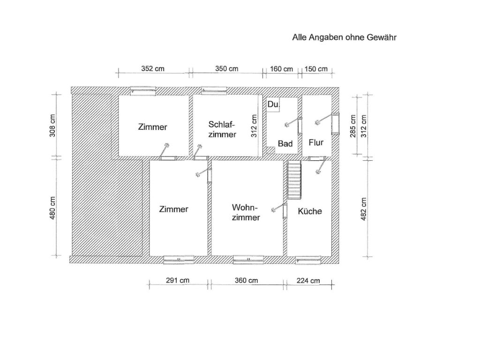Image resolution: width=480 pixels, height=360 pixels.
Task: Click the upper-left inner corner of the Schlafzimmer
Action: point(193,95)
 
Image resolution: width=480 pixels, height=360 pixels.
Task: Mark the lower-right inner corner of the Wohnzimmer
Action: point(283,255)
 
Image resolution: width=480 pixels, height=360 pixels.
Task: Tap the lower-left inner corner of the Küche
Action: point(287,255)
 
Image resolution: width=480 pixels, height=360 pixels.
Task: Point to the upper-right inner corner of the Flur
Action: point(331,95)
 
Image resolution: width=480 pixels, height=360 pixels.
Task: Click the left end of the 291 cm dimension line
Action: point(150,285)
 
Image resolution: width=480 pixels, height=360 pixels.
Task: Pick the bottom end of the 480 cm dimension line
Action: point(56,255)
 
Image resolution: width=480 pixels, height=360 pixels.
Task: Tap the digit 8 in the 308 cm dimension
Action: point(52,117)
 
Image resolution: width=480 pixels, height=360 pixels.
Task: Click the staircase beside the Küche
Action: point(294,180)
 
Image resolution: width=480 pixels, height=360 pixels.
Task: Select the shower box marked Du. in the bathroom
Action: point(273,105)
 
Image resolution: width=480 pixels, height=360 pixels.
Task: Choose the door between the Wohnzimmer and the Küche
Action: point(285,211)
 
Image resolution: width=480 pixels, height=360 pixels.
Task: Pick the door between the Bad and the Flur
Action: point(300,126)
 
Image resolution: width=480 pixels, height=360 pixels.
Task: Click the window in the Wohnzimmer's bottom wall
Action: point(248,260)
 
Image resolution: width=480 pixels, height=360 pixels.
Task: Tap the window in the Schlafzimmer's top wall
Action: point(214,90)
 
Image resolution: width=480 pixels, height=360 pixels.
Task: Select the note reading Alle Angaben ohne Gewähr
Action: point(345,37)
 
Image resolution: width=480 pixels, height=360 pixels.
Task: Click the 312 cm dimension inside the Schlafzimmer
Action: point(254,126)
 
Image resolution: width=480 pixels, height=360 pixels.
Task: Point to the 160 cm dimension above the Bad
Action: point(281,69)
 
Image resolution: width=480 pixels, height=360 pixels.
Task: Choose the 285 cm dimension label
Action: point(352,126)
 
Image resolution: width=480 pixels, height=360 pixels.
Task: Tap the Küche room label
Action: point(310,211)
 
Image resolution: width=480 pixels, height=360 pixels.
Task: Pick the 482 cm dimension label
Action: point(363,209)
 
